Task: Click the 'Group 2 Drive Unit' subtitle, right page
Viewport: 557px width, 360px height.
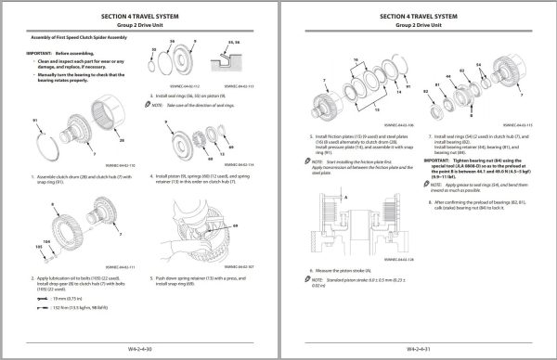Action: click(x=419, y=28)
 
